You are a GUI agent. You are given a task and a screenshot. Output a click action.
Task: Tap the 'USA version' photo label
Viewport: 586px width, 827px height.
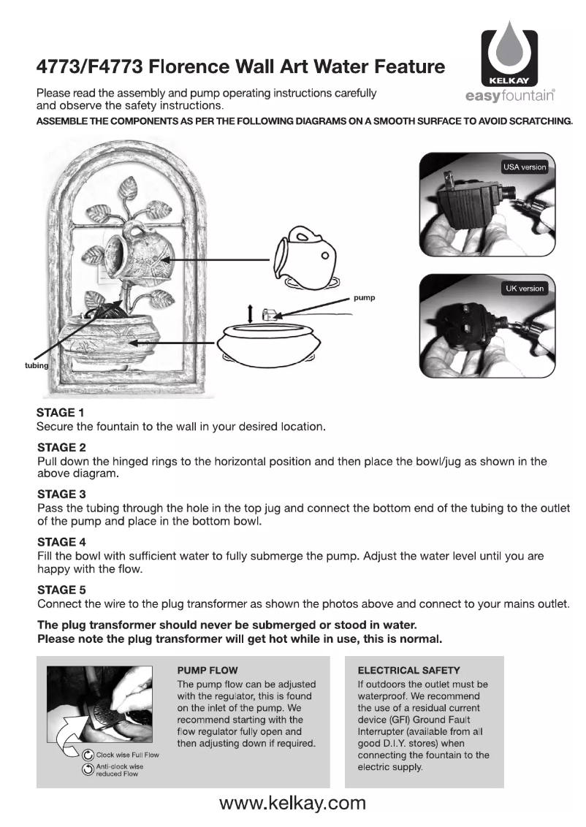click(524, 167)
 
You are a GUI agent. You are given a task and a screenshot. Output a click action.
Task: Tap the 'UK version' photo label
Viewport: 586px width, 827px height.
click(525, 288)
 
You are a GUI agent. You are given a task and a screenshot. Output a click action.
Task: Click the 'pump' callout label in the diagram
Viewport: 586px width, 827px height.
click(364, 298)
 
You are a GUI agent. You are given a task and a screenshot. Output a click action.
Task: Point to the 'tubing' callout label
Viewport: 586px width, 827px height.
click(37, 365)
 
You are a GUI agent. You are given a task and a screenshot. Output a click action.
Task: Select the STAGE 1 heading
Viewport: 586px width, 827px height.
click(61, 412)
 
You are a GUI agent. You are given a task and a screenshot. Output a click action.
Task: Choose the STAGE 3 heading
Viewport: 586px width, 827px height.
click(61, 494)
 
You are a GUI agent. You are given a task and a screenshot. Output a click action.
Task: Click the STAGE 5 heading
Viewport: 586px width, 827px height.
click(61, 590)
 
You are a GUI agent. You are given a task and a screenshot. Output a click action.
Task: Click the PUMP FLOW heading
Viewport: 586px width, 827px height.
click(208, 670)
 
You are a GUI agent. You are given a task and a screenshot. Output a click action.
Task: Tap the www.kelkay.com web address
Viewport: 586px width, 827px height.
click(292, 804)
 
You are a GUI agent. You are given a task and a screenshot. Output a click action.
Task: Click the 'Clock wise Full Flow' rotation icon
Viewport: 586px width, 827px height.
click(88, 754)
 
